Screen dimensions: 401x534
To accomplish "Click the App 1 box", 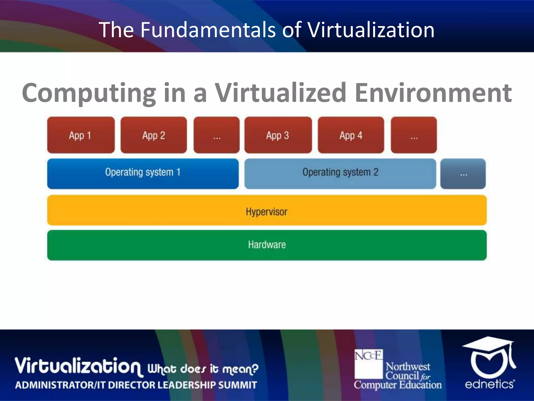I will coord(81,135).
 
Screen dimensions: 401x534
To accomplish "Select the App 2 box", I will coord(154,135).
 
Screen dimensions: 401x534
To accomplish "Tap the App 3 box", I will coord(278,135).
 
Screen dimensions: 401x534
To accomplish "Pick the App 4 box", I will coord(351,135).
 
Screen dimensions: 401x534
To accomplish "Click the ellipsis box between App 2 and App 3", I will coord(216,135).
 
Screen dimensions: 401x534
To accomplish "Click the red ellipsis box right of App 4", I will coord(414,135).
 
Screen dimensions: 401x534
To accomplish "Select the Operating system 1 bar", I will coord(143,173).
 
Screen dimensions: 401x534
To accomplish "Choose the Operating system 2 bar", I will coord(340,173).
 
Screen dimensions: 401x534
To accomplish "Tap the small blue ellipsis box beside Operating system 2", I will coord(463,174).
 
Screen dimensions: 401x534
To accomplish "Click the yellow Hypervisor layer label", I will coord(266,211).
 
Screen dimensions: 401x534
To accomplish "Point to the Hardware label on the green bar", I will coord(267,245).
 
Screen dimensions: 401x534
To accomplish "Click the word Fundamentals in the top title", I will coord(208,30).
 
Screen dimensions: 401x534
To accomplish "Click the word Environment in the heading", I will coord(433,93).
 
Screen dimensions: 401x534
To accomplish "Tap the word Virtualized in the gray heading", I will coord(280,93).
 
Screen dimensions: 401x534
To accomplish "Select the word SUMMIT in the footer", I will coord(237,385).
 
